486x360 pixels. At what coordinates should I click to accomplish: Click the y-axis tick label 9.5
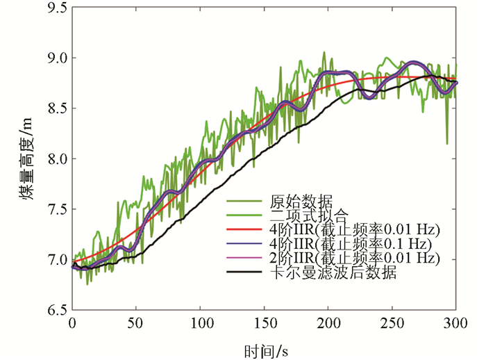pos(53,8)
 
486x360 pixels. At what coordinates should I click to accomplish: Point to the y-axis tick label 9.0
pos(53,58)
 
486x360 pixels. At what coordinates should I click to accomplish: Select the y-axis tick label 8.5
pos(53,109)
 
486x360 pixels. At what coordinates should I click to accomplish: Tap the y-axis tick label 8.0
pos(53,159)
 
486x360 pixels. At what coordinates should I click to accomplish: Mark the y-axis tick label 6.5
pos(53,310)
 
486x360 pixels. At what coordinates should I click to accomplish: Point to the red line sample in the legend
pos(242,230)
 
